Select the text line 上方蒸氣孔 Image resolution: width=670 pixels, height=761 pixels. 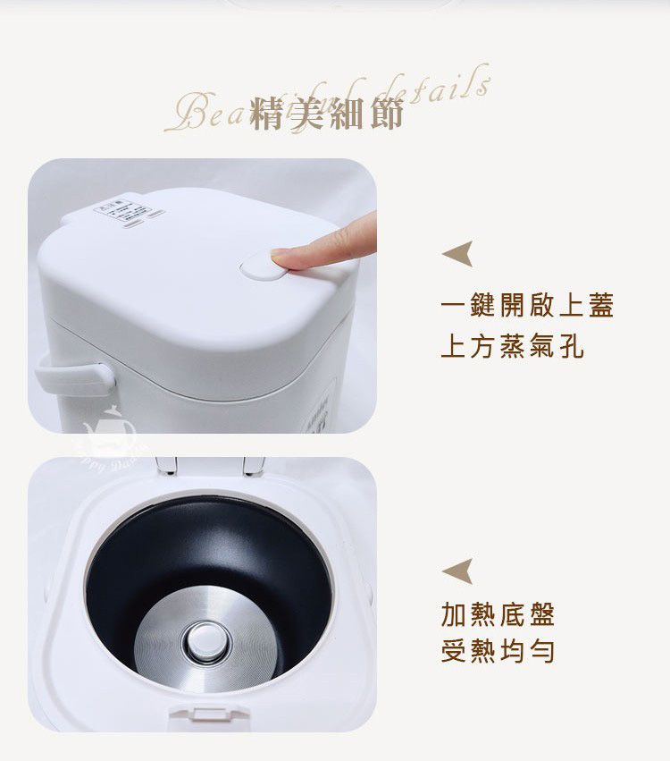tap(512, 346)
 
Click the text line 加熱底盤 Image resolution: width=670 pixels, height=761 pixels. tap(498, 614)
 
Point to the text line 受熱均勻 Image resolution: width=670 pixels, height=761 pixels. tap(498, 651)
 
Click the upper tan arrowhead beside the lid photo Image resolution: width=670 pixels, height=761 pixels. tap(457, 254)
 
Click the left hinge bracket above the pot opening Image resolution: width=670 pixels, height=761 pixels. tap(166, 464)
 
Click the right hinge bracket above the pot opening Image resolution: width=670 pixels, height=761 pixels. tap(253, 464)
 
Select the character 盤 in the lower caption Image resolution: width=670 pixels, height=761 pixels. tap(540, 614)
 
